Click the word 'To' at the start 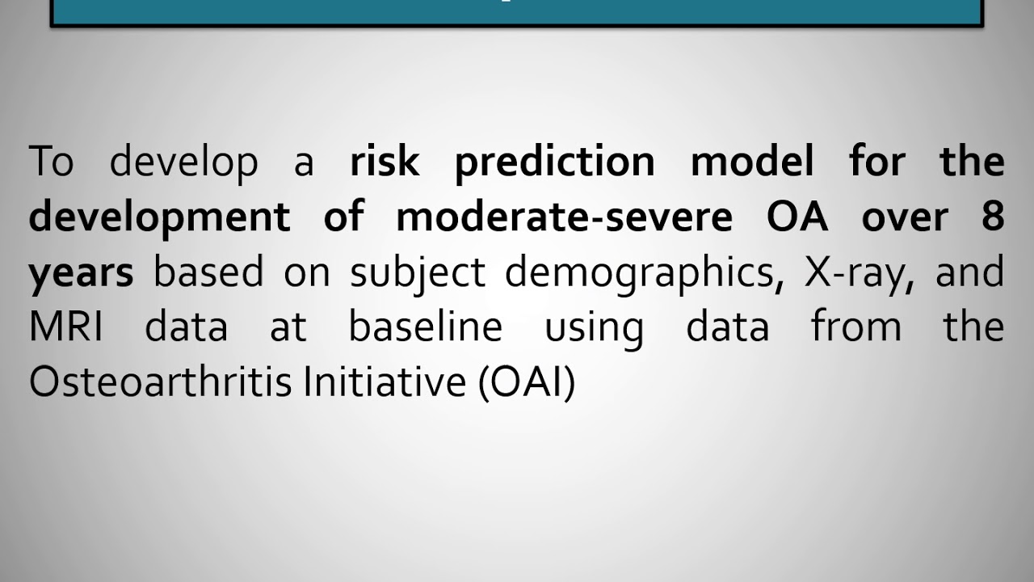51,162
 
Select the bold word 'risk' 385,162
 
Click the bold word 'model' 751,162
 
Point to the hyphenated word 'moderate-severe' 564,217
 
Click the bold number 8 993,217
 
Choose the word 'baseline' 425,327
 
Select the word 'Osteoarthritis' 159,382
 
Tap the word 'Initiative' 384,382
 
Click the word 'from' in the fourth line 855,327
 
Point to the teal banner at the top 517,12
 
